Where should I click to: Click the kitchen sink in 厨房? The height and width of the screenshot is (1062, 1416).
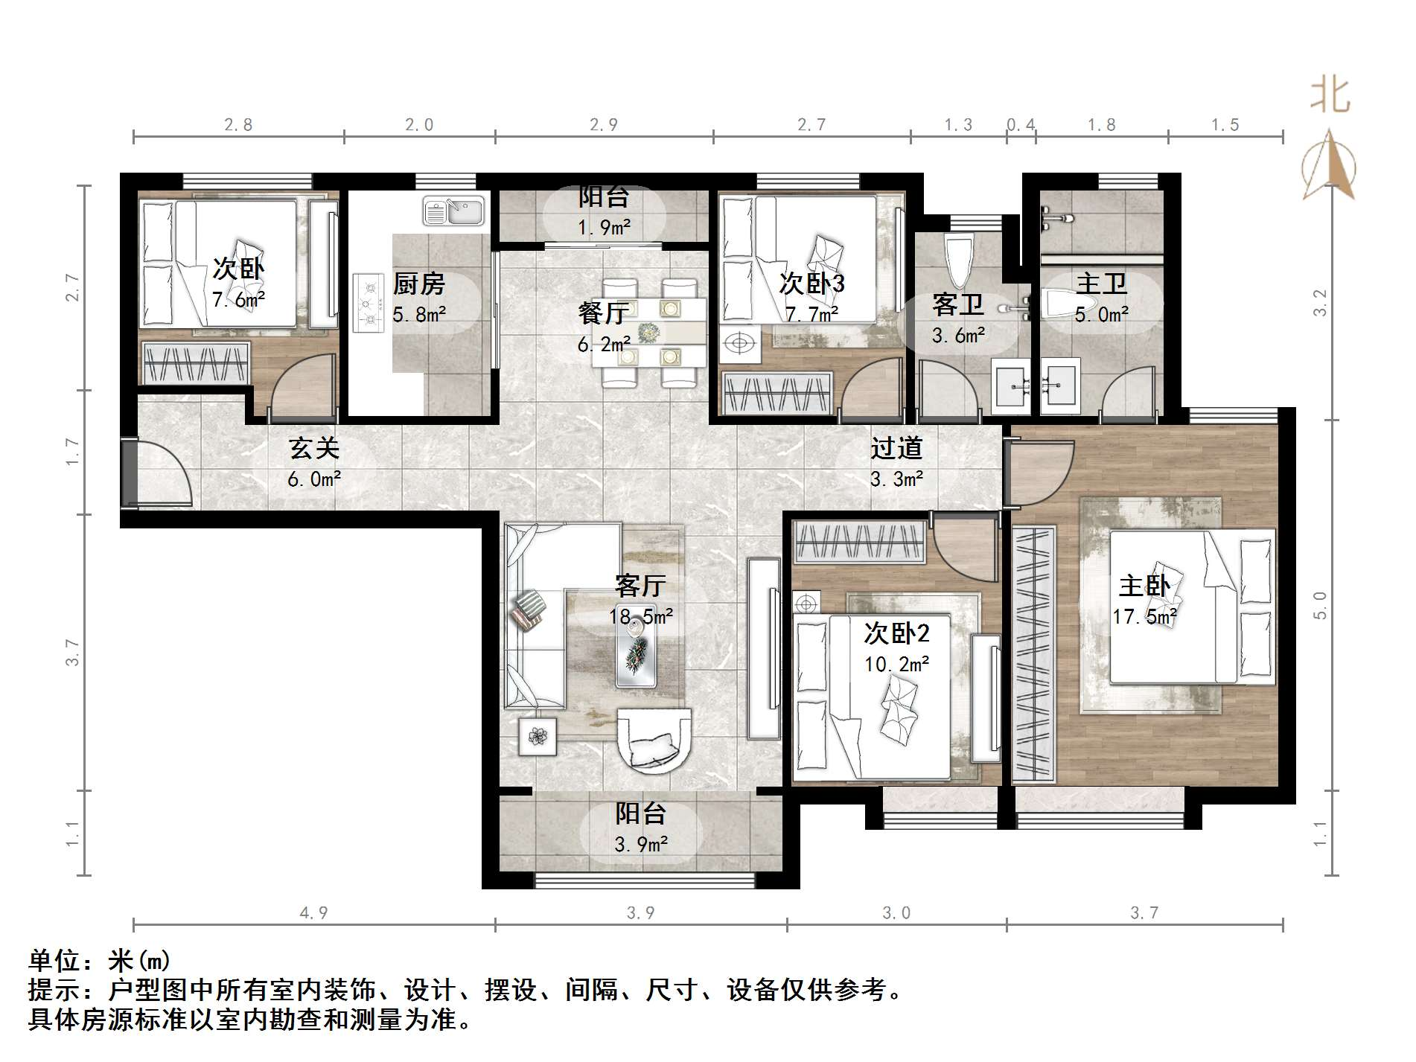[453, 211]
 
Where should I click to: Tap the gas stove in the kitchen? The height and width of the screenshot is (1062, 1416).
[367, 303]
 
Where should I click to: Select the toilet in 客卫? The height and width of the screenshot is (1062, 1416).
[958, 260]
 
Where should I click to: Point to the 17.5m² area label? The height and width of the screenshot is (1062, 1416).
[1144, 617]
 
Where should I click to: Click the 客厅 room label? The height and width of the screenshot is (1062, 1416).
[640, 586]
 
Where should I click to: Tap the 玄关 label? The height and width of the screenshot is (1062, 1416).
[314, 448]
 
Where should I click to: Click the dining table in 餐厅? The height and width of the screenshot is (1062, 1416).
[649, 333]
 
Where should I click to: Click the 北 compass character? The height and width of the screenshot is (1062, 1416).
[1330, 96]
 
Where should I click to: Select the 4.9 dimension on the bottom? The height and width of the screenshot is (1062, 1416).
[313, 913]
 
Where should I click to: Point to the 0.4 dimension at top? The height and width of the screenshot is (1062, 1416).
[1021, 125]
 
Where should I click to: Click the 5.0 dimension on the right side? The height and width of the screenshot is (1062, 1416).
[1320, 606]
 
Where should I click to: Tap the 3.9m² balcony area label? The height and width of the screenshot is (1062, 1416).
[641, 845]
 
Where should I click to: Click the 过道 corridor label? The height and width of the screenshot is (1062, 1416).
[896, 448]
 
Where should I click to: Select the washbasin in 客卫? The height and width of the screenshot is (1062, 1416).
[1011, 386]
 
